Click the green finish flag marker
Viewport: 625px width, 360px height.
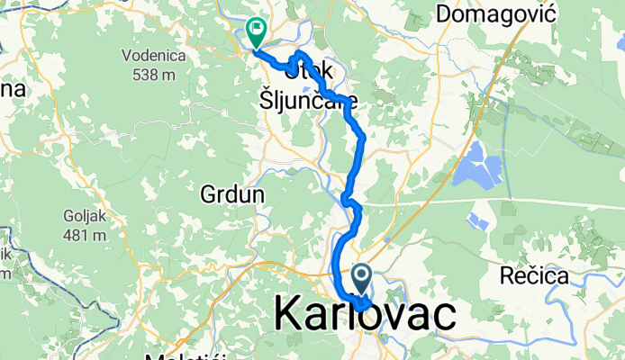(x=256, y=32)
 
